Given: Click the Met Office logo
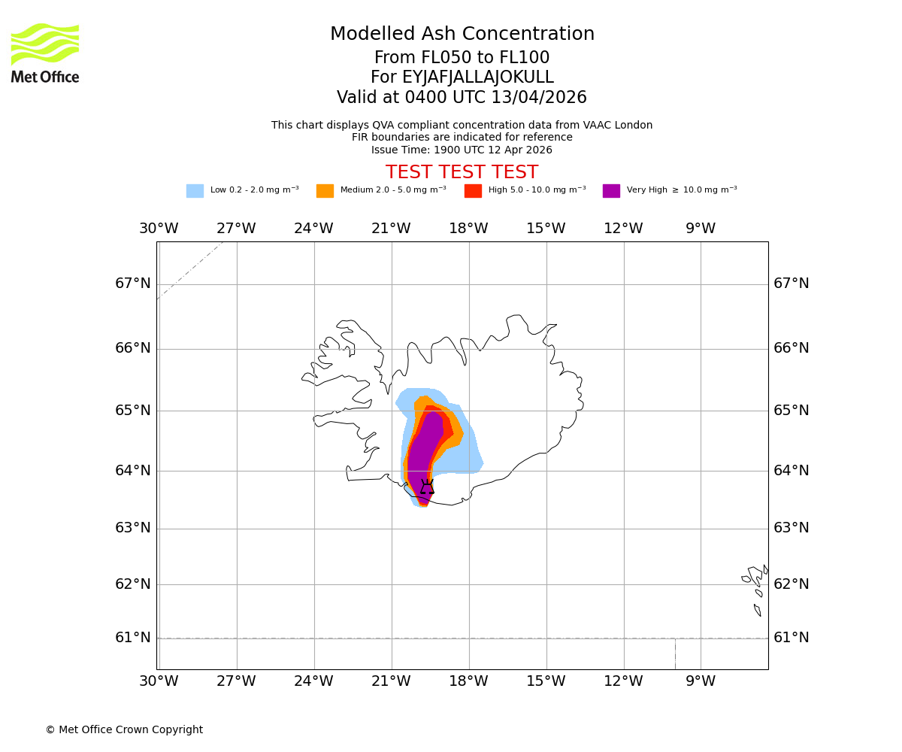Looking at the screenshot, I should [x=45, y=53].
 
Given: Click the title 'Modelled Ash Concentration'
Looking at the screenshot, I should [x=462, y=35].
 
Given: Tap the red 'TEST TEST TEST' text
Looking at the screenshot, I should [x=462, y=173].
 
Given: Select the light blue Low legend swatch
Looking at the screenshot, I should [x=195, y=191].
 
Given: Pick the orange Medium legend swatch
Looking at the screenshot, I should [x=325, y=191].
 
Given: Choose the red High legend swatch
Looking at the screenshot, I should [x=473, y=191].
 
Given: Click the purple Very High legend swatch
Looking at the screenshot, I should [x=611, y=191].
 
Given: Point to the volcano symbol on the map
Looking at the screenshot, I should [x=427, y=487].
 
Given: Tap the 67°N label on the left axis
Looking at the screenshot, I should [x=133, y=284].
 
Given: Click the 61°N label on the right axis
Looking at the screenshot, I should [x=792, y=638].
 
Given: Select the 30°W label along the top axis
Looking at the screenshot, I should [x=159, y=229].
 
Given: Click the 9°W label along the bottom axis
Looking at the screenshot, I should [x=701, y=681].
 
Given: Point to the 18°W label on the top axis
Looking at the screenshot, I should [x=468, y=229].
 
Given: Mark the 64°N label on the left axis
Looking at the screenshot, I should [x=133, y=471].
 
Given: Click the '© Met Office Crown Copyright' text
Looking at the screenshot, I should [x=124, y=730].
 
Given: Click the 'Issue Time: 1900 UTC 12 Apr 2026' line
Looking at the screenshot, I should [x=462, y=150].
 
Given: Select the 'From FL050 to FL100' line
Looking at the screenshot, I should [x=462, y=58].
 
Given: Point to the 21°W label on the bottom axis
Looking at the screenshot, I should [x=391, y=681].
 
